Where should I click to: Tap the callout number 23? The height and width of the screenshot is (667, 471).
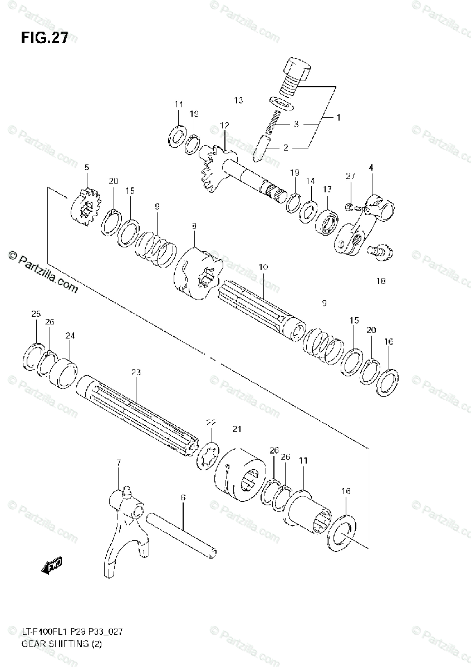click(136, 373)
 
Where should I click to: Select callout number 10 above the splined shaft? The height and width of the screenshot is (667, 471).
click(263, 267)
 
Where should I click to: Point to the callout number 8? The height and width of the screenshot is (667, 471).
click(194, 226)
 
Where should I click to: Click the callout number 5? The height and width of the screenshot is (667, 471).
click(87, 167)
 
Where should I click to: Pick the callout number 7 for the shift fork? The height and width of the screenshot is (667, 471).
click(118, 463)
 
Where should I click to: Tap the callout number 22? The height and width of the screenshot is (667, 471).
click(210, 423)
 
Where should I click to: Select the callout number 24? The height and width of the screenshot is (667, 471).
click(70, 336)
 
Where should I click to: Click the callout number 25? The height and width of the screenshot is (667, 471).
click(36, 315)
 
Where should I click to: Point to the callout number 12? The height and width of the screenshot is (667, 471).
click(224, 126)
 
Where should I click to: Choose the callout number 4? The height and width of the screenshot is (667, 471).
click(371, 167)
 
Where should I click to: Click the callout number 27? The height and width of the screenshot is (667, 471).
click(350, 176)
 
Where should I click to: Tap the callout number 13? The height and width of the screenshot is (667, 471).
click(238, 101)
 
